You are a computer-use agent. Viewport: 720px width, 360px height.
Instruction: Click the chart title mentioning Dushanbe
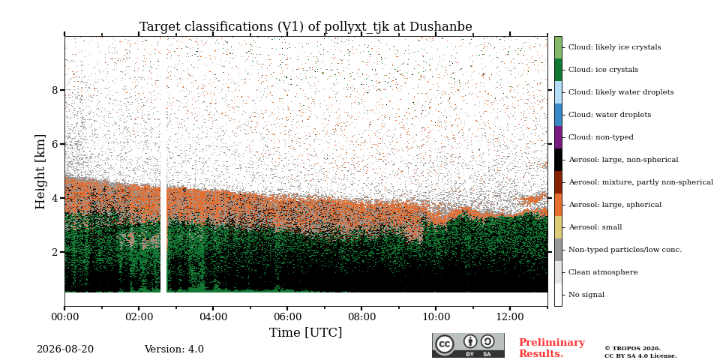pos(306,27)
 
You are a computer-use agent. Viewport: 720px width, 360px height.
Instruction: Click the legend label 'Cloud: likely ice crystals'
pos(615,47)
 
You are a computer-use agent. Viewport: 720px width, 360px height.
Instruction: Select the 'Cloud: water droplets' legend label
pos(610,115)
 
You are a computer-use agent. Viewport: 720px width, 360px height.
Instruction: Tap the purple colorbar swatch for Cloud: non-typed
pos(558,137)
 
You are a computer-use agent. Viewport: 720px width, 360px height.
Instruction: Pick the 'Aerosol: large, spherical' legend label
pos(615,205)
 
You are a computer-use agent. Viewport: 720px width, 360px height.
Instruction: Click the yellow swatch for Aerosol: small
pos(558,227)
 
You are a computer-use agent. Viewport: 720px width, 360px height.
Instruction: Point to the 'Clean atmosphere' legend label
pos(603,272)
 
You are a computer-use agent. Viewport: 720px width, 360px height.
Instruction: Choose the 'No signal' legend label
pos(586,295)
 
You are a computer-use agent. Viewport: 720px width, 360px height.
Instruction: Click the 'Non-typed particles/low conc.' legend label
pos(625,250)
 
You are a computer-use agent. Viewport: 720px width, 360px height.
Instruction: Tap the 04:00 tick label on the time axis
pos(213,316)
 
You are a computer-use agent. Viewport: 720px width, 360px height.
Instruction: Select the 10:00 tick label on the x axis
pos(436,316)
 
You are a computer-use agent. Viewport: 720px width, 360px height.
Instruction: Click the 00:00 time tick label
pos(64,316)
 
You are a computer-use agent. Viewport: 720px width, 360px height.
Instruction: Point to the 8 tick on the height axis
pos(55,90)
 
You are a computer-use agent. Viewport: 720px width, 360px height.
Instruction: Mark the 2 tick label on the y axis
pos(55,252)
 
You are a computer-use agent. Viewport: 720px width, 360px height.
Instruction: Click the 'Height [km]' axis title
pos(40,172)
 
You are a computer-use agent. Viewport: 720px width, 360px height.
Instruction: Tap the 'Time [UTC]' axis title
pos(306,332)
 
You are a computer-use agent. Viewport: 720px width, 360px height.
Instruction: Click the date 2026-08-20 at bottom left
pos(65,349)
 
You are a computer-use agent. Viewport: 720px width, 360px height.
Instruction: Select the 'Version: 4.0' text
pos(174,349)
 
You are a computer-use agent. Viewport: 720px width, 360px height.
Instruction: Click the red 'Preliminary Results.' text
pos(552,348)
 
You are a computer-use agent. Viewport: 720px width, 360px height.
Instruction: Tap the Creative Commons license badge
pos(468,345)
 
